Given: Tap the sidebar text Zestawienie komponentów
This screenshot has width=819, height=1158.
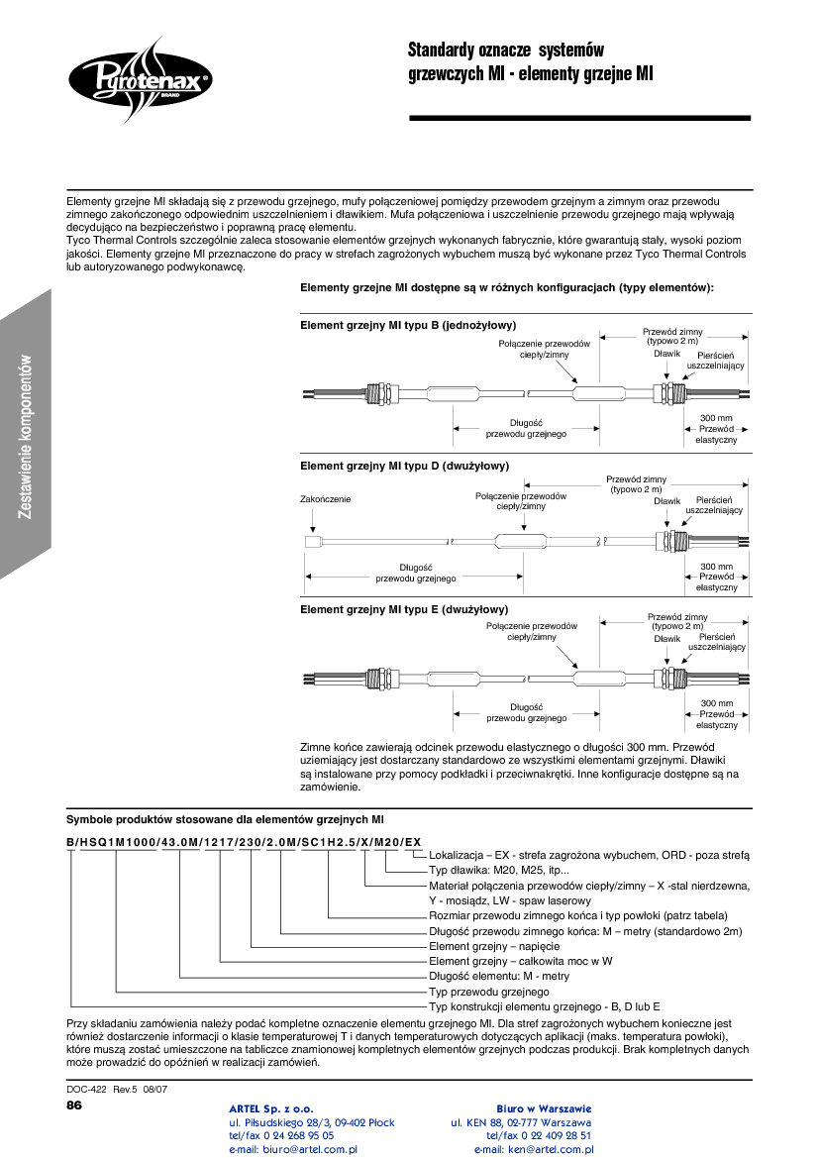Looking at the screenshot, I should (x=27, y=437).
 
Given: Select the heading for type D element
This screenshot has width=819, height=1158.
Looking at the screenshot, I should (x=404, y=466).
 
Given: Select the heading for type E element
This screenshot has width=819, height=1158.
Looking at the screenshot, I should (x=404, y=609).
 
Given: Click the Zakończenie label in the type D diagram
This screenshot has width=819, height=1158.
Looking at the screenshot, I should (x=325, y=499).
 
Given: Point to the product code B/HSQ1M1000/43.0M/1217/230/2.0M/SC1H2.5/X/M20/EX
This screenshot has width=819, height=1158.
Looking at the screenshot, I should (x=244, y=841).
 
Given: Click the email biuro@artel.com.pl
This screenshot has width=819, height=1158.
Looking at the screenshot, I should (x=293, y=1149).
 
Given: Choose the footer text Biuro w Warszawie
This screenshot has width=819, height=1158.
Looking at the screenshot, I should (x=543, y=1107).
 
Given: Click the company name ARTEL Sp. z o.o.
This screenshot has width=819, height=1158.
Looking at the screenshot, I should (x=271, y=1107).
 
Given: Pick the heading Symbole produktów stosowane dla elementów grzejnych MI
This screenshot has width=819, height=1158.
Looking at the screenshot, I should (x=225, y=819).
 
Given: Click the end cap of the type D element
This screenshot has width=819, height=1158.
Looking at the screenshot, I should (x=311, y=542).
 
